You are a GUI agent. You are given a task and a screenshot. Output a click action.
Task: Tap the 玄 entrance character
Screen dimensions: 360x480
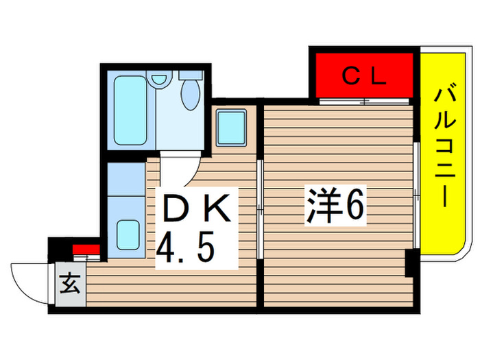[x=69, y=282]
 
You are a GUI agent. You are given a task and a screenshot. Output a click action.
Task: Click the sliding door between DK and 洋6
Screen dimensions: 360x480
[x=259, y=209]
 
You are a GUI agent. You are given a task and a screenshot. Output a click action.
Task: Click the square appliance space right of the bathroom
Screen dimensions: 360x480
[x=232, y=128]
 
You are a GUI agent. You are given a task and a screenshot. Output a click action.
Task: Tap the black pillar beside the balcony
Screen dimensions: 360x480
[x=410, y=263]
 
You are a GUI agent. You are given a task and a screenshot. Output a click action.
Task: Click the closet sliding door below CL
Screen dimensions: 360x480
[x=365, y=102]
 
